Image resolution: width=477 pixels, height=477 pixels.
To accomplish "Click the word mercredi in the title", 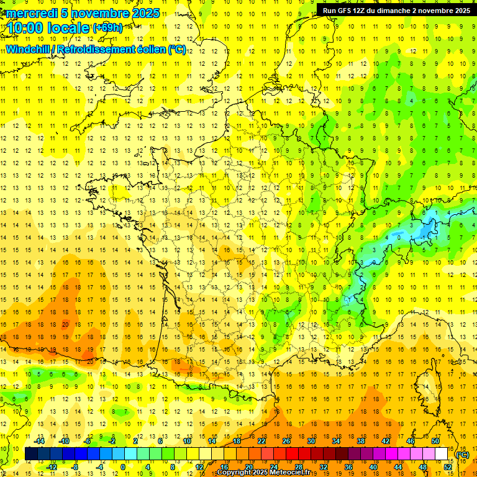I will coord(32,13).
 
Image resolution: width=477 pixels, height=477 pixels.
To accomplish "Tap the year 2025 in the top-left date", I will coord(142,13).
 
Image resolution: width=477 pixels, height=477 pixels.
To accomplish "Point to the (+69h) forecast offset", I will coord(107,28).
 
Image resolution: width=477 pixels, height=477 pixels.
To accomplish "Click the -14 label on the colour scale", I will coord(40,441).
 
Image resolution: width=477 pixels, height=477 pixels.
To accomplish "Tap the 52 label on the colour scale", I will coord(448,466).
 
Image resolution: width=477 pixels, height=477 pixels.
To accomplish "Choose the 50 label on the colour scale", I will coord(435,441).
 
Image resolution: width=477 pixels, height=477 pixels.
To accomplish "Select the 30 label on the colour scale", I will coord(311,441).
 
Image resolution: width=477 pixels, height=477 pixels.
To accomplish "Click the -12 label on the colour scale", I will coord(52,466).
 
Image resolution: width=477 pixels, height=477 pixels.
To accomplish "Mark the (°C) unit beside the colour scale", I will coord(463,454).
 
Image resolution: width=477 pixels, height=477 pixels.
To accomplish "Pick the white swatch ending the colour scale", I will coord(441,454).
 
